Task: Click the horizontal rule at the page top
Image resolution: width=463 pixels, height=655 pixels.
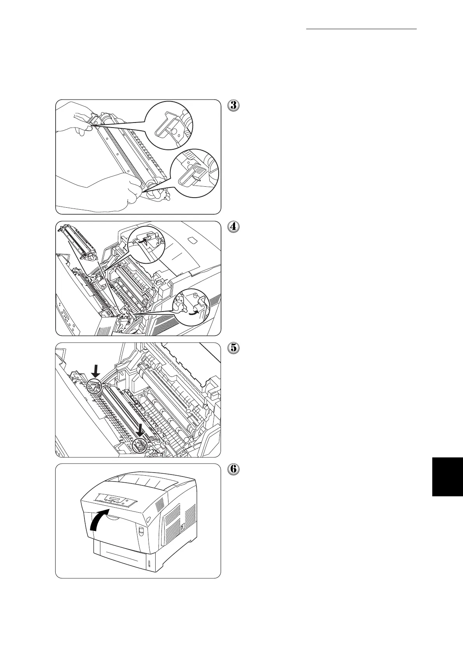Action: click(361, 29)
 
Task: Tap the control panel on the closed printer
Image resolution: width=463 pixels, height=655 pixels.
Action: click(116, 499)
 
